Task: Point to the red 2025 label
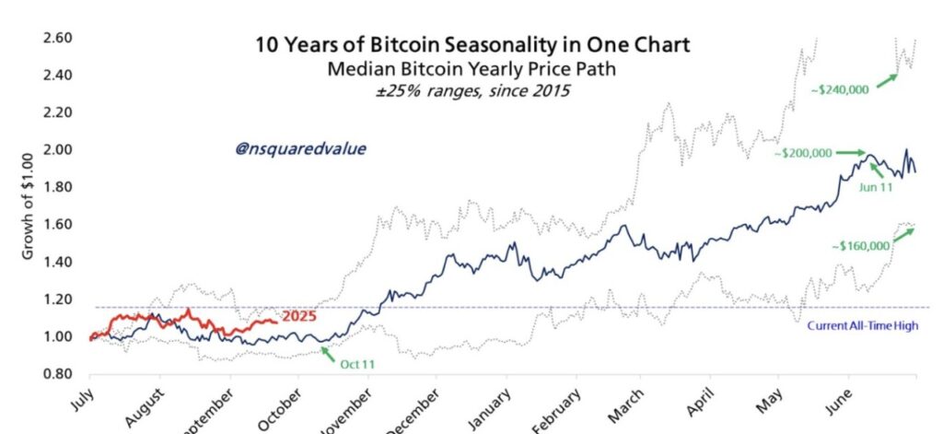click(300, 317)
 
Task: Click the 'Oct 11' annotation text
click(358, 363)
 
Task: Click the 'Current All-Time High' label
click(862, 325)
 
